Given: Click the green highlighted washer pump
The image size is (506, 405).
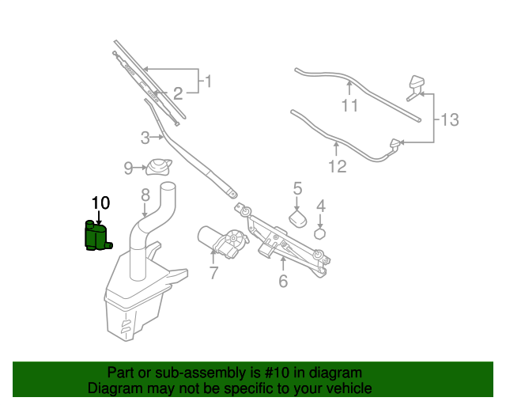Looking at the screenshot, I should (97, 237).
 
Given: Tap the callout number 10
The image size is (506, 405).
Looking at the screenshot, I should (100, 203).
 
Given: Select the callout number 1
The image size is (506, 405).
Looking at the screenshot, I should (208, 81).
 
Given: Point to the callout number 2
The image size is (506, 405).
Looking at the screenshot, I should (178, 94).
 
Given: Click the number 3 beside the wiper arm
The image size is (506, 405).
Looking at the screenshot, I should (145, 138).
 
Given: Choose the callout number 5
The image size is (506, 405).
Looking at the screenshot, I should (297, 188).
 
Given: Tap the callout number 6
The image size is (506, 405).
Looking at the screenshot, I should (283, 281).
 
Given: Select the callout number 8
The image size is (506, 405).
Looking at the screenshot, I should (145, 195).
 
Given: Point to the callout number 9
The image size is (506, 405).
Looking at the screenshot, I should (128, 168).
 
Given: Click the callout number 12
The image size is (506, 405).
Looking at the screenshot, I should (338, 167).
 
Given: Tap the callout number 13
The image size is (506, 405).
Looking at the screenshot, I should (449, 120).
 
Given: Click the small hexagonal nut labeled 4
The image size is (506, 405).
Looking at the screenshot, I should (320, 233).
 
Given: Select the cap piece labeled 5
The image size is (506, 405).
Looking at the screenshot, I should (299, 218).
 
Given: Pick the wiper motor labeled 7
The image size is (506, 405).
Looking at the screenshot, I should (222, 240).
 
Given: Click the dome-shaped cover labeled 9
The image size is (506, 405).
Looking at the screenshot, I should (158, 168).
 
